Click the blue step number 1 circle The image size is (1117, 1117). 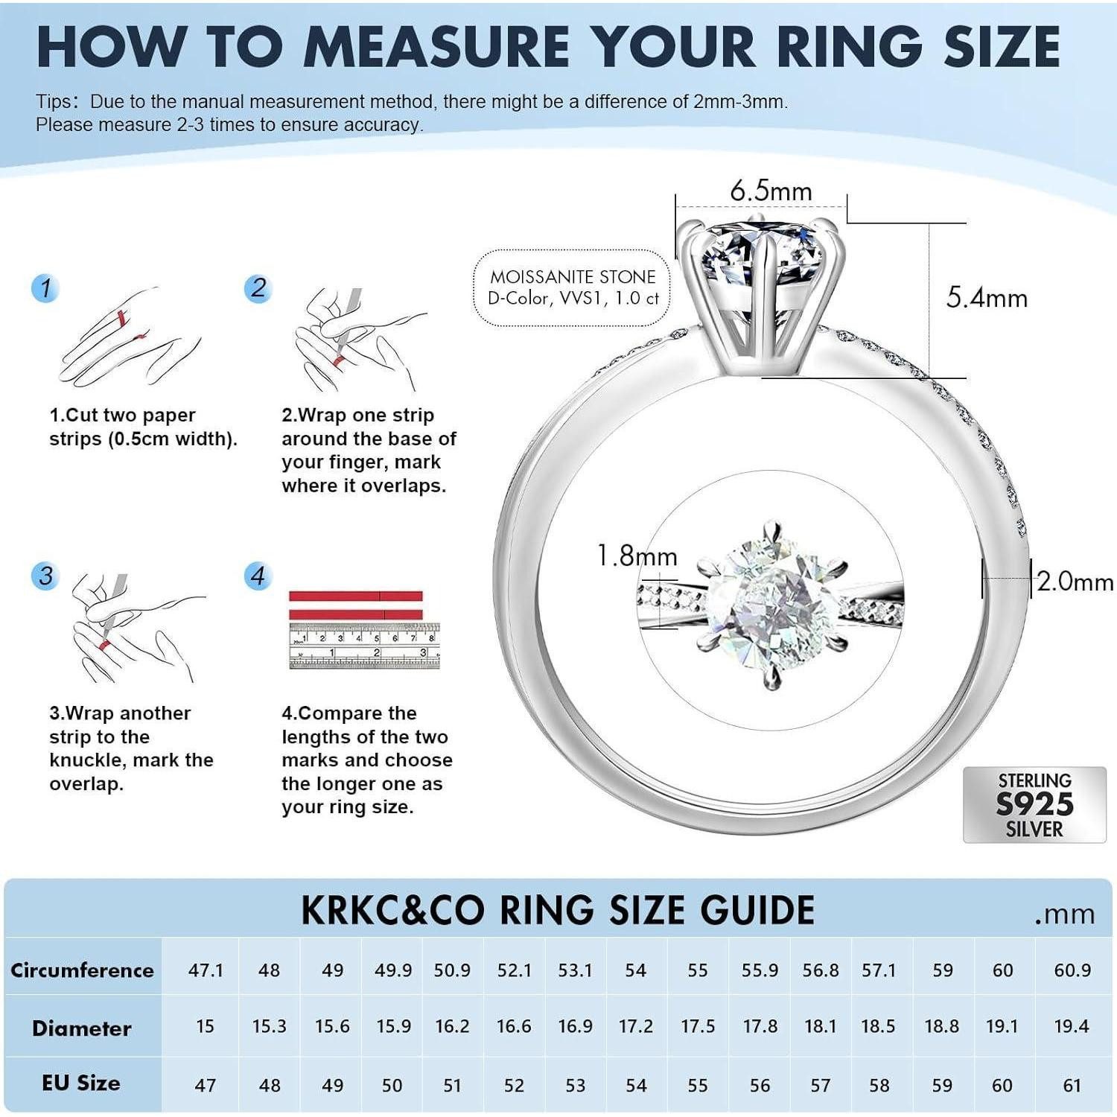coord(46,288)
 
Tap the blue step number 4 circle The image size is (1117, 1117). coord(258,576)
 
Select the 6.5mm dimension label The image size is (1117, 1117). coord(770,191)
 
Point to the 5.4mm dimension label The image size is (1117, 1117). coord(987,298)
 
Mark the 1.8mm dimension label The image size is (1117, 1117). coord(637,556)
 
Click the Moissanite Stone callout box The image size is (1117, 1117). coord(573,287)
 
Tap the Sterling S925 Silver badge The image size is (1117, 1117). coord(1034,805)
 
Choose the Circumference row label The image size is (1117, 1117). coord(82,970)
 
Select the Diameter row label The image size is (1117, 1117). coord(82,1028)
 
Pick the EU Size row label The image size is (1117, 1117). coord(81,1083)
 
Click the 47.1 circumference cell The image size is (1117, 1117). coord(206,970)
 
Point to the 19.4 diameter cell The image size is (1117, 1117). coord(1072,1027)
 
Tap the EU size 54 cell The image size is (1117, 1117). coord(636,1085)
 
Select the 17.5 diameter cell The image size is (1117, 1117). coord(698,1027)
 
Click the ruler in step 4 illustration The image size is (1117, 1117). coord(364,646)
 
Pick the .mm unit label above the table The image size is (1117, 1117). coord(1064,914)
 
